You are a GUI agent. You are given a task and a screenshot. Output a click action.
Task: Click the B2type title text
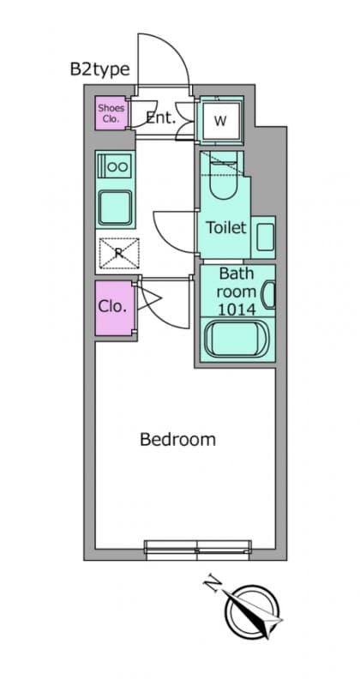(x=99, y=69)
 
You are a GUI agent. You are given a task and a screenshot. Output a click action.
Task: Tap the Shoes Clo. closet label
(x=111, y=113)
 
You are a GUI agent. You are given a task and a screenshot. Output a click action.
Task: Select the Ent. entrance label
(x=160, y=117)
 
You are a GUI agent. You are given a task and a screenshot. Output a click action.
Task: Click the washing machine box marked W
(x=220, y=121)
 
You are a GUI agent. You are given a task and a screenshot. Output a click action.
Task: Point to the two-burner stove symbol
(x=115, y=166)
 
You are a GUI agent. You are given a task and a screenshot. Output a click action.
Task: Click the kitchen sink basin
(x=115, y=208)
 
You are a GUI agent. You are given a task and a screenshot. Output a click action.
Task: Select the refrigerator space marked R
(x=119, y=253)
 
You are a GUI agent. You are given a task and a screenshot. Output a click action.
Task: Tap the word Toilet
(x=226, y=227)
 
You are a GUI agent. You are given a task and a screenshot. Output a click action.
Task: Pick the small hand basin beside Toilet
(x=265, y=237)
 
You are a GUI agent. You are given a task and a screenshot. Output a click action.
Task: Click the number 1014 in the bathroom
(x=237, y=310)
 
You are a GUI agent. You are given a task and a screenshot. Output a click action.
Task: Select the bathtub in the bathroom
(x=237, y=339)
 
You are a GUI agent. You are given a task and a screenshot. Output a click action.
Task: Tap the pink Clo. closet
(x=114, y=308)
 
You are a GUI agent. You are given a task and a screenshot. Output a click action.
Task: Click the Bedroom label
(x=177, y=439)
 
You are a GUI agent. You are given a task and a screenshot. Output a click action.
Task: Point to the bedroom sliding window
(x=198, y=550)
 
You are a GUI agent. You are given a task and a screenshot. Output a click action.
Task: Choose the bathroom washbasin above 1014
(x=268, y=295)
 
